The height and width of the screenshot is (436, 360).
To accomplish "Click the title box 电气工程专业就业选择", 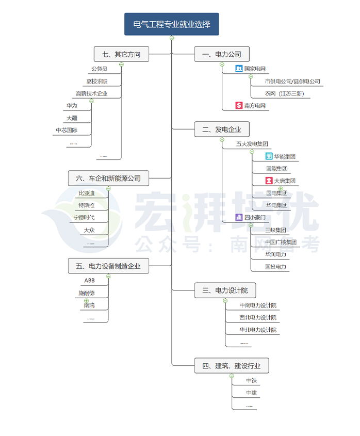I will pos(172,24).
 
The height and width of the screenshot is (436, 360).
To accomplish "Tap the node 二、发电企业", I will pos(222,130).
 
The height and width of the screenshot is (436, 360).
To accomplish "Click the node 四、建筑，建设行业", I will pos(232,366).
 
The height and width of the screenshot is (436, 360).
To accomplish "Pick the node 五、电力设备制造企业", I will pos(108,266).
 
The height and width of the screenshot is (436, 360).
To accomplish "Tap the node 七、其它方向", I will pos(121,54).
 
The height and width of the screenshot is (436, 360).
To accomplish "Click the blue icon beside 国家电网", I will pos(239,69).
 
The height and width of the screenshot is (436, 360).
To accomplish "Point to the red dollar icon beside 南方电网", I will pos(239,105).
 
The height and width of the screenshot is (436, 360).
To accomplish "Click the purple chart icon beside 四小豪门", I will pos(239,217).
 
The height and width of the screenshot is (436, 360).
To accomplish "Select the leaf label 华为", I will pos(72,106).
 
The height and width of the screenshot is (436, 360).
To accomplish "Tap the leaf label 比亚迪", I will pos(86,193).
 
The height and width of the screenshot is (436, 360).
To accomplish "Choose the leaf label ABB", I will pos(89,281).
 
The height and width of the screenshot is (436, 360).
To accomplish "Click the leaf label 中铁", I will pos(251,381).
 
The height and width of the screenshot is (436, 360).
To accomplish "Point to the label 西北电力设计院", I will pos(258,317).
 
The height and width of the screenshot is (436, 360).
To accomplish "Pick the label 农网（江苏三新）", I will pos(285,93).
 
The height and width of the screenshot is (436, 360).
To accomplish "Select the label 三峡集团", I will pos(275,230).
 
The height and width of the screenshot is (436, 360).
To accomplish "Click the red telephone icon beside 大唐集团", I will pos(269,181).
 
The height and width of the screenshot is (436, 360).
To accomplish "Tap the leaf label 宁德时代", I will pos(84,218).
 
